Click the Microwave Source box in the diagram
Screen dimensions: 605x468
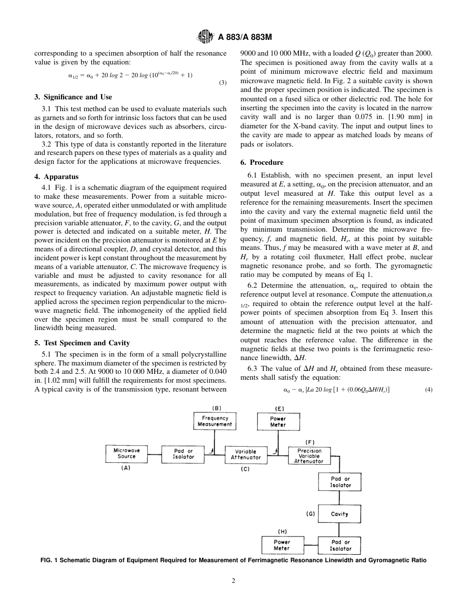[x=126, y=454]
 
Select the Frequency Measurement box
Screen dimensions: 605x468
[x=214, y=421]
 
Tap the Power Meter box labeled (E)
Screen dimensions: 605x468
[x=278, y=422]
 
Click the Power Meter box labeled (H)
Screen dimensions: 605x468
[x=282, y=545]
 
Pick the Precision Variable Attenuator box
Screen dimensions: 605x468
[x=309, y=456]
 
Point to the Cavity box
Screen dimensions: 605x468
[x=339, y=514]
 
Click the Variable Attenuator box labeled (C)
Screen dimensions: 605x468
[x=245, y=454]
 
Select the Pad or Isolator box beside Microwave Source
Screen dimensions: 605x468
[x=183, y=454]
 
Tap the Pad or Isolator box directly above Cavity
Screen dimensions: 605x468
[x=340, y=482]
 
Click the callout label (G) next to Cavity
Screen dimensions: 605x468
[x=310, y=514]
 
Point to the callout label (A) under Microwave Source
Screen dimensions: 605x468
[x=126, y=468]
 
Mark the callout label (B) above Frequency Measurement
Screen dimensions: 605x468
[x=216, y=408]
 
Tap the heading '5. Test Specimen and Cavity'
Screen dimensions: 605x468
[x=82, y=343]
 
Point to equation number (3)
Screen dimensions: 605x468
[x=223, y=83]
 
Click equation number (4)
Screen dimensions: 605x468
[x=429, y=390]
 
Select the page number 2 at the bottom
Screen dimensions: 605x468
[x=234, y=580]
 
